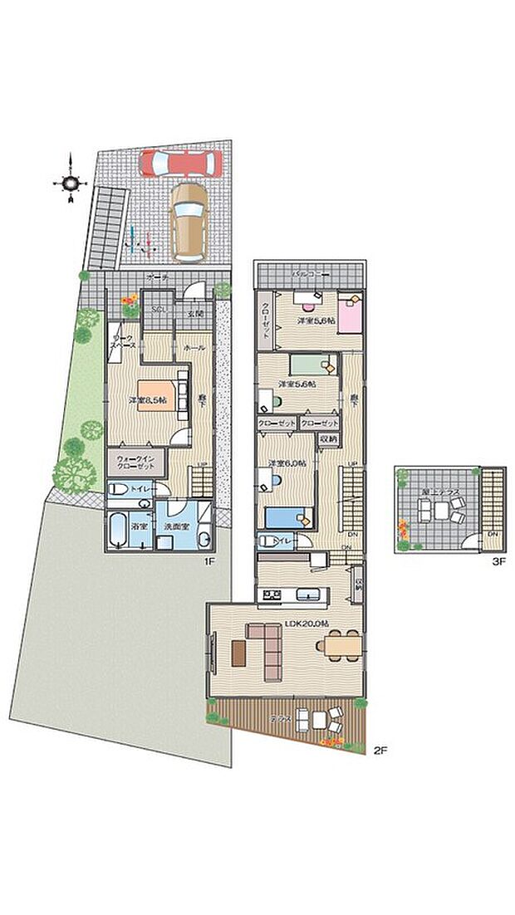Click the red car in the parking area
(179, 162)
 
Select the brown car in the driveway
(189, 221)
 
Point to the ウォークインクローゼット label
(132, 462)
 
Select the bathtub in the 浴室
(117, 530)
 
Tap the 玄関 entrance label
(195, 314)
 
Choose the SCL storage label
(156, 311)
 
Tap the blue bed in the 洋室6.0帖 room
(287, 517)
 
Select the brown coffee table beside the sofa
(240, 653)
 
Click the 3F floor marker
(497, 561)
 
